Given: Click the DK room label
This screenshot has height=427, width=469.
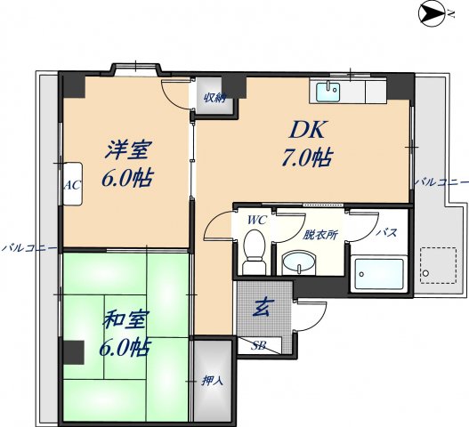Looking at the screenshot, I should [x=307, y=131].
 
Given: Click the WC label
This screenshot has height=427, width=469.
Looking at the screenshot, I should [x=256, y=219].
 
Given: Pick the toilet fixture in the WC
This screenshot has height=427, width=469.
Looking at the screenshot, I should [x=255, y=249].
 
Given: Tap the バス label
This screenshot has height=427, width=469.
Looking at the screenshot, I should [x=386, y=232].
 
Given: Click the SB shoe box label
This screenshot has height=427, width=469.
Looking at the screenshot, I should [x=259, y=345].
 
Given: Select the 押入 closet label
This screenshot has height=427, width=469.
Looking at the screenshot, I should [x=212, y=381].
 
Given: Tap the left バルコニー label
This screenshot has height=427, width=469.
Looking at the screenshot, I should [x=29, y=246].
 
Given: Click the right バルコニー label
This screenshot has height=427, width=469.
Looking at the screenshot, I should [x=440, y=181].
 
